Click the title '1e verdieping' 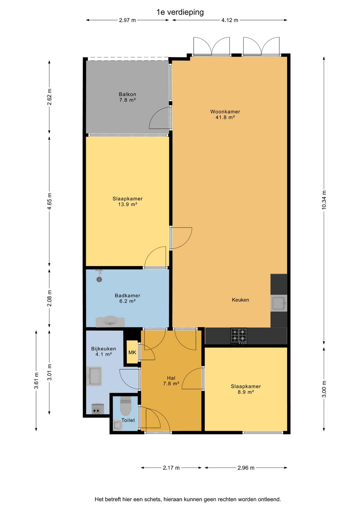[180, 12]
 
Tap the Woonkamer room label [225, 111]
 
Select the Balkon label [127, 94]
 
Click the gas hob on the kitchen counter [239, 336]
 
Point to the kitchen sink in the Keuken [279, 303]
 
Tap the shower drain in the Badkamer [99, 279]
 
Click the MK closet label [132, 352]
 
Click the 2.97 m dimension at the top [127, 20]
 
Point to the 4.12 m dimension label [230, 20]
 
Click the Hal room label [171, 378]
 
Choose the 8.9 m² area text [246, 392]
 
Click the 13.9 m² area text [127, 204]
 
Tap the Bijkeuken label [104, 349]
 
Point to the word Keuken [240, 300]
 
